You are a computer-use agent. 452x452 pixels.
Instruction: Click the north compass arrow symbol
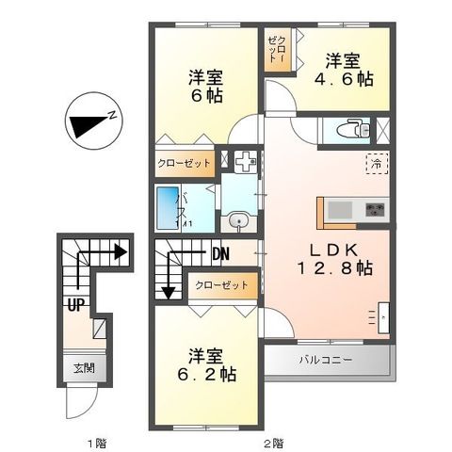coord(91,122)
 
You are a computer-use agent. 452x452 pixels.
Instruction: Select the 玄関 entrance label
coord(84,369)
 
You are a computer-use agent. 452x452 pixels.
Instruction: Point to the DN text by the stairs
coord(220,253)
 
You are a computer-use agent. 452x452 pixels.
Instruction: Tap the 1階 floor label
coord(87,440)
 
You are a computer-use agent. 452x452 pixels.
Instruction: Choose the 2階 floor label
coord(275,440)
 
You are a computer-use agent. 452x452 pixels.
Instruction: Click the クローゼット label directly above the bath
coord(184,163)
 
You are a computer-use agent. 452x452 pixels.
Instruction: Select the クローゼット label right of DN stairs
coord(222,284)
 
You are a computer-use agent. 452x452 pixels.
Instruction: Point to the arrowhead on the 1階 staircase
coord(120,252)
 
